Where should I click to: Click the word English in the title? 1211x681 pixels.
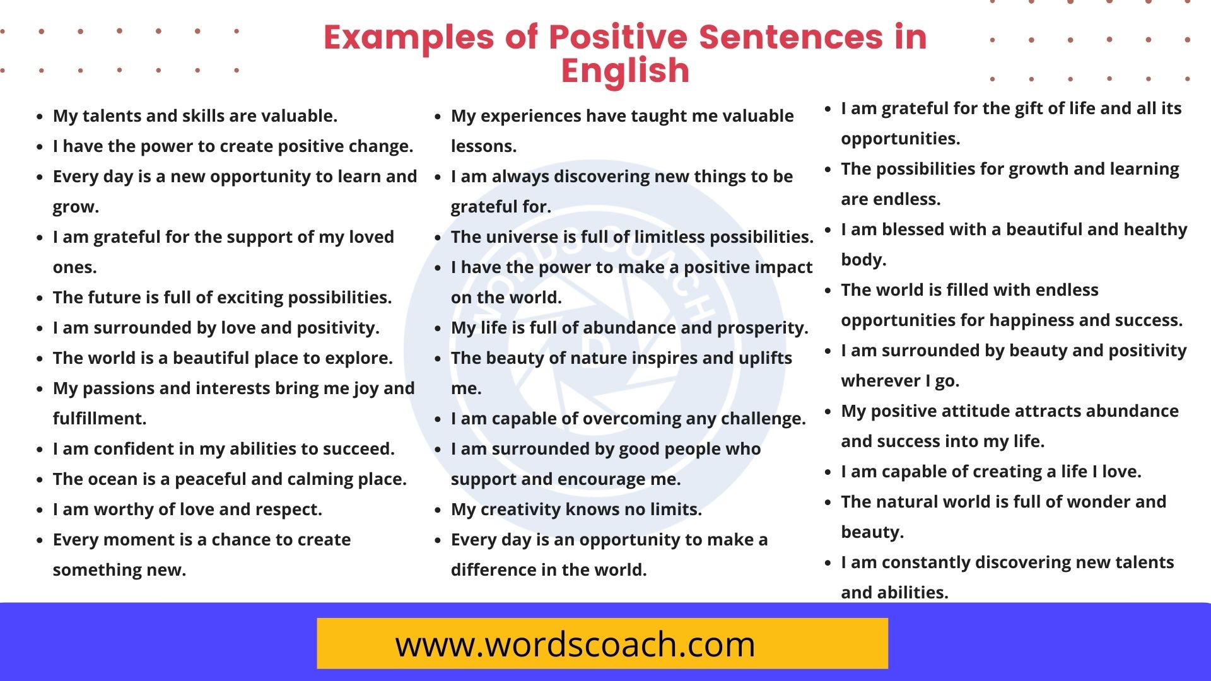625,71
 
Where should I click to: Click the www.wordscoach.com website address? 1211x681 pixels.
575,644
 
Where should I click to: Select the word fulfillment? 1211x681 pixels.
99,419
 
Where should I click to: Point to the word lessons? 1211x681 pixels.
483,146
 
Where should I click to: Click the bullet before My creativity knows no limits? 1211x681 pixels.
438,510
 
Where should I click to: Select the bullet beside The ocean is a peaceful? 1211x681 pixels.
40,480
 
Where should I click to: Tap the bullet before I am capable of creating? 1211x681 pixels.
828,472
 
